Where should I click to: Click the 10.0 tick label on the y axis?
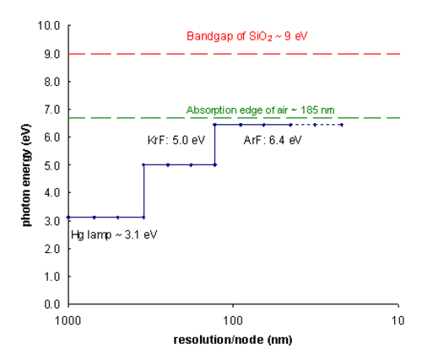(x=49, y=26)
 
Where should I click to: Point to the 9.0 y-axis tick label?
(x=52, y=54)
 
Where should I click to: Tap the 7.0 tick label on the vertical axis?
(x=52, y=110)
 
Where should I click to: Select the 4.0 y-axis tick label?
(x=52, y=193)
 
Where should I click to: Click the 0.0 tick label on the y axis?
(x=52, y=304)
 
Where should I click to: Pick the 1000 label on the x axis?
(x=68, y=320)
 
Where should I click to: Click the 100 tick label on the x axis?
(x=233, y=320)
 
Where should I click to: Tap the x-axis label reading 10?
(x=398, y=320)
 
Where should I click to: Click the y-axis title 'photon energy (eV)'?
(x=26, y=175)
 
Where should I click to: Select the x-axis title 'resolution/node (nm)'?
(x=233, y=340)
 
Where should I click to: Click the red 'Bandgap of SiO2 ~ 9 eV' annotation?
(x=247, y=36)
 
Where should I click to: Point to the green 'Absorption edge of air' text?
(x=237, y=110)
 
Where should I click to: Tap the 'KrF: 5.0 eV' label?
(x=176, y=140)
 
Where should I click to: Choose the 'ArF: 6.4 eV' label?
(x=273, y=140)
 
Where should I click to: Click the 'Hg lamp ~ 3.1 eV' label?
(x=114, y=234)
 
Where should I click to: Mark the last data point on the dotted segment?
(x=342, y=125)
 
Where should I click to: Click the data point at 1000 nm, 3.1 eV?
(x=68, y=218)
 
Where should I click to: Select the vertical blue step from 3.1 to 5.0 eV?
(x=143, y=191)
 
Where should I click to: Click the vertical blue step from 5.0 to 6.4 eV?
(x=215, y=145)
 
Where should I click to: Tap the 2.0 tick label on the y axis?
(x=52, y=249)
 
